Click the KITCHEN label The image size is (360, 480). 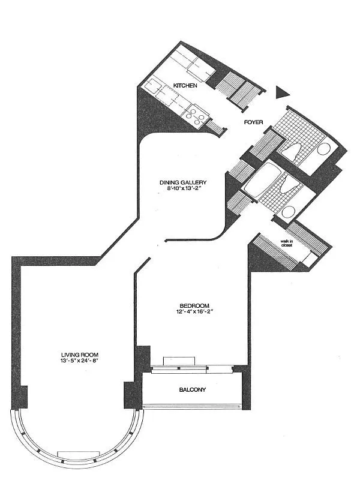(185, 85)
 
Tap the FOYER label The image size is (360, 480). (253, 122)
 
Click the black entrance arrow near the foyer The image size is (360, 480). (282, 92)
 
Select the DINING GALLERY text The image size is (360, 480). (183, 183)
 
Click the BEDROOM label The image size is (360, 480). (194, 305)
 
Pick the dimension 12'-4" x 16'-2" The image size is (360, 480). (194, 311)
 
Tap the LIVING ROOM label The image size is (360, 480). (80, 355)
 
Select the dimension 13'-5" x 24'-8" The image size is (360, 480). (80, 361)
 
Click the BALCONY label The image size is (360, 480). (192, 389)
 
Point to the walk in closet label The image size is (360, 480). (287, 244)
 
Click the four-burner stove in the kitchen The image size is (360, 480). (196, 116)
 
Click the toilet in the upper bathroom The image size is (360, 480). (291, 151)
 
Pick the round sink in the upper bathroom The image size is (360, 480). (323, 149)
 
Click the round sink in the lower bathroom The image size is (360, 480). (289, 212)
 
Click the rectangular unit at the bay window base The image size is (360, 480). (79, 455)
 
